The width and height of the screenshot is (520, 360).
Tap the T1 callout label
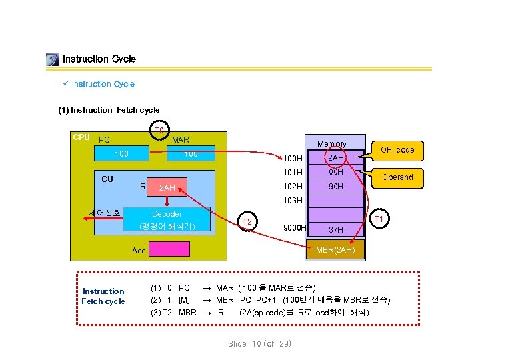pos(379,218)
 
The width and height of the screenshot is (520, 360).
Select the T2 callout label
pos(247,221)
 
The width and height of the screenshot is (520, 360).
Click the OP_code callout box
pos(397,150)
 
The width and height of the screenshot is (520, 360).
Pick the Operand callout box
pos(397,177)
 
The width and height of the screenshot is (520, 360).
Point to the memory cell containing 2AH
pos(335,158)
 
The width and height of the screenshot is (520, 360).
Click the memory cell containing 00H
pos(335,172)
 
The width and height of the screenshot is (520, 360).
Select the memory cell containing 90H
pos(335,187)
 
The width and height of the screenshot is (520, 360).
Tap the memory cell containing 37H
pos(335,229)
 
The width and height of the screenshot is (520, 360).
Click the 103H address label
pos(293,201)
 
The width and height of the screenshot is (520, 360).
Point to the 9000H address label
pos(294,228)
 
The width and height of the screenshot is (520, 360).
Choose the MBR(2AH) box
pos(335,250)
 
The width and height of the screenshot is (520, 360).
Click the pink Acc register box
pos(169,249)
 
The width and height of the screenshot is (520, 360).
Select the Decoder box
pos(167,220)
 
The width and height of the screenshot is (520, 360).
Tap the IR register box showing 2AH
pos(167,188)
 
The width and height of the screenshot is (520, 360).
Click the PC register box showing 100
pos(121,155)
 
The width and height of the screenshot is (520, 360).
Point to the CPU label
pos(81,137)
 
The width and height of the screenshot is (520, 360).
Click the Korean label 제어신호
pos(105,213)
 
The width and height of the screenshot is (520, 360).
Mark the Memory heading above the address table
pos(331,144)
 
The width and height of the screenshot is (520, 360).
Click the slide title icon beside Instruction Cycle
pos(53,60)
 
